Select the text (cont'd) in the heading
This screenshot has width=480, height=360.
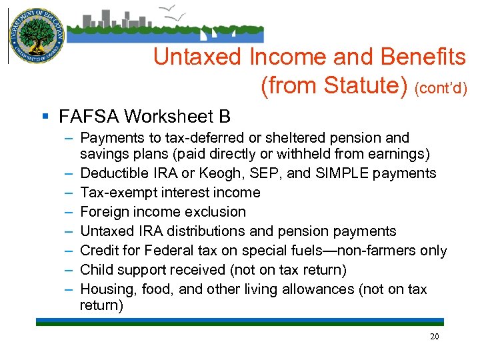point(441,87)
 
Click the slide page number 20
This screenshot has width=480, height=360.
point(434,337)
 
